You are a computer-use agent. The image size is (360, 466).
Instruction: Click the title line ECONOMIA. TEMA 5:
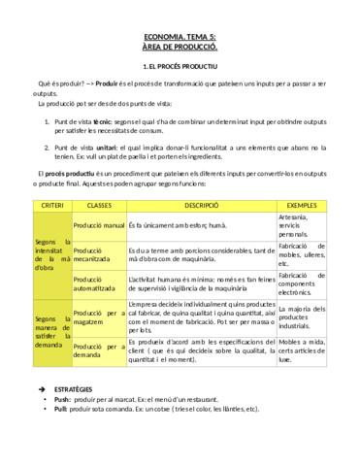pyautogui.click(x=180, y=35)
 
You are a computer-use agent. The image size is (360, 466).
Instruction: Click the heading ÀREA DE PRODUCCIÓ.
pyautogui.click(x=180, y=46)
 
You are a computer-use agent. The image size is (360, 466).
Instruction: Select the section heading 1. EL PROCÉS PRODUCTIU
pyautogui.click(x=180, y=67)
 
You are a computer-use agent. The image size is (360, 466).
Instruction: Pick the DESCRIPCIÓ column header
pyautogui.click(x=201, y=206)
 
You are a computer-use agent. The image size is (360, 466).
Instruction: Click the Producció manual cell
pyautogui.click(x=99, y=225)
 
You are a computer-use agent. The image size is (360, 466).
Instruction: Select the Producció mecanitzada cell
pyautogui.click(x=99, y=254)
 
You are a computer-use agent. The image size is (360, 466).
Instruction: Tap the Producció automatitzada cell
pyautogui.click(x=99, y=283)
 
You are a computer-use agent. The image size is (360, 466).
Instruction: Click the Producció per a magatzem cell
pyautogui.click(x=99, y=319)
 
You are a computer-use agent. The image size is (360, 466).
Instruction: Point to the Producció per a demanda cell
pyautogui.click(x=99, y=350)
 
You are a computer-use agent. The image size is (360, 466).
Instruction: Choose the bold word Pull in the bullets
pyautogui.click(x=61, y=409)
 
